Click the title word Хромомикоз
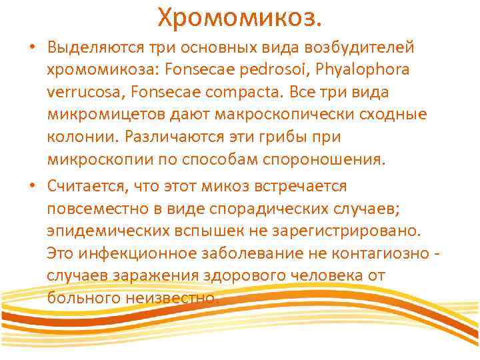click(x=239, y=17)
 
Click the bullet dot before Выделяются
click(x=33, y=49)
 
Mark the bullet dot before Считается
click(x=33, y=185)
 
